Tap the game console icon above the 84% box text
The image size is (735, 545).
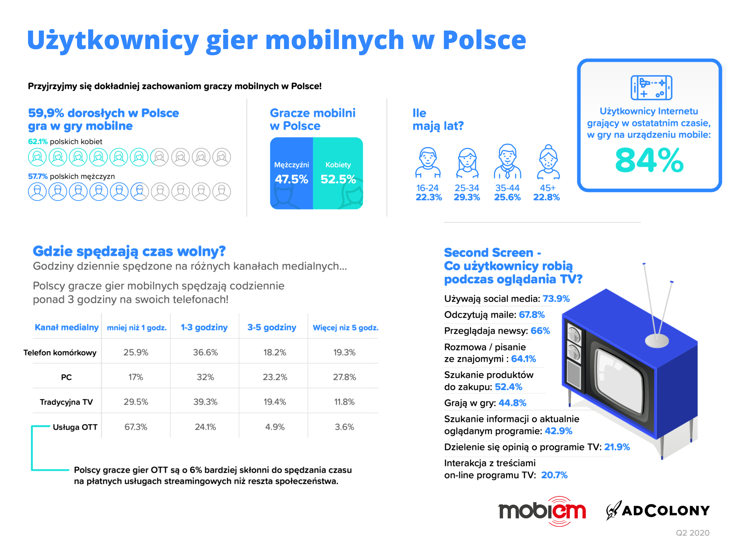651,87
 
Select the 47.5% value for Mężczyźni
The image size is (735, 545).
291,179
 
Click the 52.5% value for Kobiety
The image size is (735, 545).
338,179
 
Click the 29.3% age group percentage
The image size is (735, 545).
467,197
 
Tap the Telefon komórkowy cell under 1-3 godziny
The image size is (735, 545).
205,352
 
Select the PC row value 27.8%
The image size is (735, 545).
344,377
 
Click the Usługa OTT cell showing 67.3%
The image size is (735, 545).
136,427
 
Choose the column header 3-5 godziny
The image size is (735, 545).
272,327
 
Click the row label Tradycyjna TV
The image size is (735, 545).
66,402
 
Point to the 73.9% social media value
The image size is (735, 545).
556,299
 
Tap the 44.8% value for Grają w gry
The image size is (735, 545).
512,403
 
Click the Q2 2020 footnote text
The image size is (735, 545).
693,533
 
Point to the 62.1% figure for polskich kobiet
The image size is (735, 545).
38,141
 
